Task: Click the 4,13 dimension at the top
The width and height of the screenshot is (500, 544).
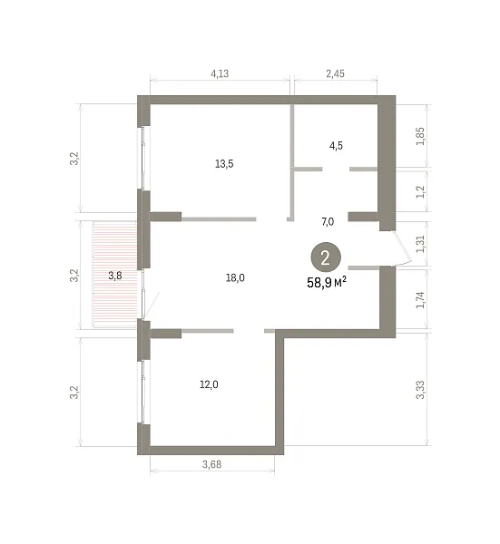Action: (x=220, y=73)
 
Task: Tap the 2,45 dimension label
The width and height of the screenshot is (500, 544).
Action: (x=336, y=73)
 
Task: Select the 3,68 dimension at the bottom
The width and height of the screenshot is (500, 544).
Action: (x=211, y=464)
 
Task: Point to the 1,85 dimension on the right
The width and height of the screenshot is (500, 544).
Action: (x=420, y=136)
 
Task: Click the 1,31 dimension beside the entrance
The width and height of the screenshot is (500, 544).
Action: (x=420, y=244)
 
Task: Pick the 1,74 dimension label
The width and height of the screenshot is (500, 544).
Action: (x=420, y=300)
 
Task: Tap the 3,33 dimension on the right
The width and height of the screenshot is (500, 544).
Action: (x=420, y=390)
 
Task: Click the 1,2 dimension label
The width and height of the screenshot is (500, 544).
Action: (x=420, y=192)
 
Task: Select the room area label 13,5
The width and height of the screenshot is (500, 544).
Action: (x=224, y=164)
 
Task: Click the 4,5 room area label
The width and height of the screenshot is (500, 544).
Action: (x=336, y=146)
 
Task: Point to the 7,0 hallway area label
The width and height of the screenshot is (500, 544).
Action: (x=328, y=222)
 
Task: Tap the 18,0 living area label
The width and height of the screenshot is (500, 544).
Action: (x=235, y=278)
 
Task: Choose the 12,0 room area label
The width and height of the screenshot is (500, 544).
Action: (x=209, y=384)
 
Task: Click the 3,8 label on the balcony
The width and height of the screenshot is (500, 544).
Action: (x=115, y=276)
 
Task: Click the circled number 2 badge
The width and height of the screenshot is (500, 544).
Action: (x=326, y=258)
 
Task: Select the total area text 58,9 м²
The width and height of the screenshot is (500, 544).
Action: (x=327, y=283)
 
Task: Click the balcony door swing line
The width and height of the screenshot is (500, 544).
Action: (x=152, y=306)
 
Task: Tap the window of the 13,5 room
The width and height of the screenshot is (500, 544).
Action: (x=142, y=158)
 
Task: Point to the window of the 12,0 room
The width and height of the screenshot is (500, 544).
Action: (x=142, y=392)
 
